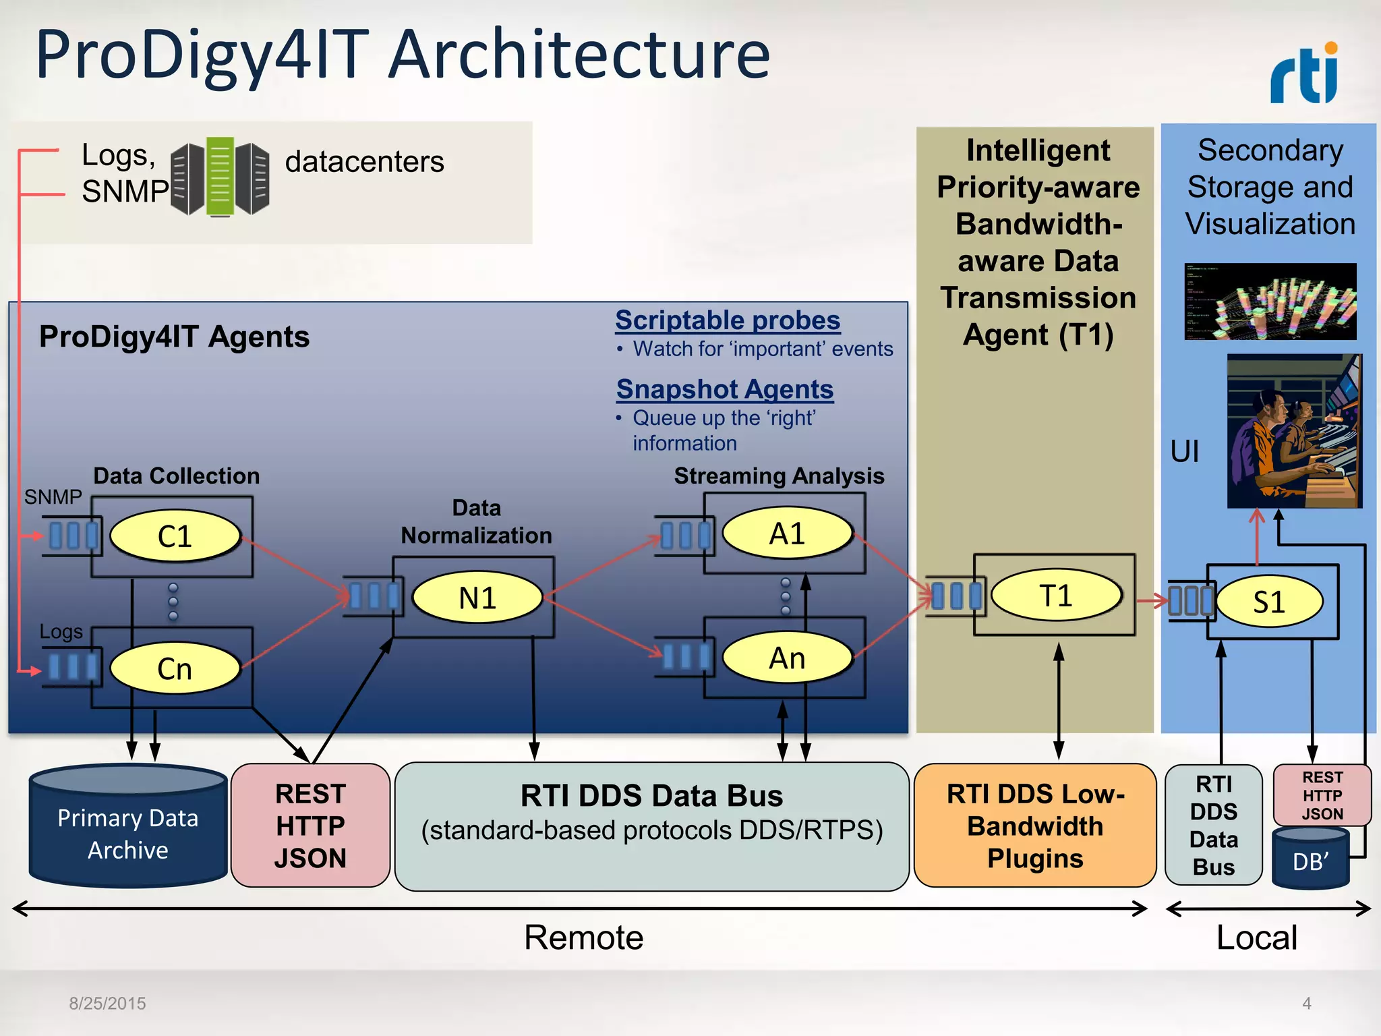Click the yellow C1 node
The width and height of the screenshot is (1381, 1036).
[x=175, y=536]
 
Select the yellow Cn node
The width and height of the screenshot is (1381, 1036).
[x=175, y=668]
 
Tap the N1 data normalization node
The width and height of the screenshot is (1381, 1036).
[x=477, y=598]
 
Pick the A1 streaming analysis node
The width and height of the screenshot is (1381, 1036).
[x=787, y=534]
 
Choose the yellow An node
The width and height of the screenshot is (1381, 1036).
[x=787, y=658]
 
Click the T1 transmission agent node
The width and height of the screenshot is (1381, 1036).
[x=1055, y=596]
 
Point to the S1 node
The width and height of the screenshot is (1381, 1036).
[x=1268, y=602]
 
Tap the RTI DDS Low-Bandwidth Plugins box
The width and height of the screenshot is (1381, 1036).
[x=1035, y=826]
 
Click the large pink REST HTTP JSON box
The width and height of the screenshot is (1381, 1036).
[x=310, y=826]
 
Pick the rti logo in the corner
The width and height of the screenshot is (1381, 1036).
[x=1304, y=74]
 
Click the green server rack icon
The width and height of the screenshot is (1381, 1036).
[x=220, y=177]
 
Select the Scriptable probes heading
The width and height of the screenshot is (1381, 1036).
[x=728, y=320]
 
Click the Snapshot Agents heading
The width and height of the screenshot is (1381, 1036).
[x=725, y=389]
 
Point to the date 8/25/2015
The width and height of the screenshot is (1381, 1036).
[x=107, y=1004]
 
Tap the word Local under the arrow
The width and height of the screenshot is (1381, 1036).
[x=1256, y=938]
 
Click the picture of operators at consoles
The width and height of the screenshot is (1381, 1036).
[x=1293, y=432]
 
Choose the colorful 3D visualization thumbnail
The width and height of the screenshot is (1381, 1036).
[x=1270, y=301]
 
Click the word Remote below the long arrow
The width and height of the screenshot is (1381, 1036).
[x=583, y=938]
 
